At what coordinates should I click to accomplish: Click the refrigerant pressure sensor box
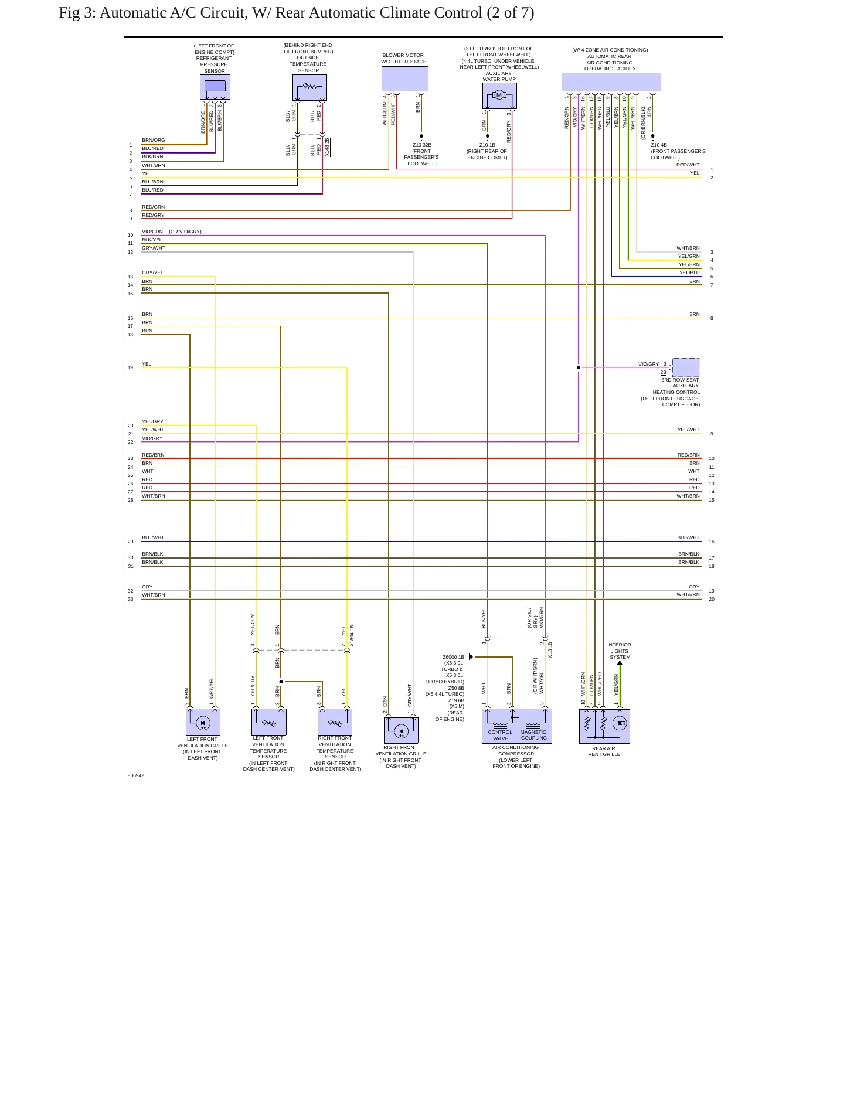215,87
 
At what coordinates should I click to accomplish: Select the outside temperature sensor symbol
309,87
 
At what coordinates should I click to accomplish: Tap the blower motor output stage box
404,79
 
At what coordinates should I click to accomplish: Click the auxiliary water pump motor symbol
499,96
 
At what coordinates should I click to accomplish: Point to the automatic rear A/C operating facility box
611,82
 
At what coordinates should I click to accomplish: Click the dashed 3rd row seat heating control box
685,367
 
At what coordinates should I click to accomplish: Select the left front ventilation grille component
203,722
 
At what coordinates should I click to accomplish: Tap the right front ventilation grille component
401,730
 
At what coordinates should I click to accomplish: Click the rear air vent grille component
604,726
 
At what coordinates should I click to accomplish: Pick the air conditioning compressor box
516,726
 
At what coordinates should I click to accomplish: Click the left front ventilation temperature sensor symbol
269,721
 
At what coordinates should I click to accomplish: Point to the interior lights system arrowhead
620,663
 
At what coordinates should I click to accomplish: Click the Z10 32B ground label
422,145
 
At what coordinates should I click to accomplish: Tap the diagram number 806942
136,775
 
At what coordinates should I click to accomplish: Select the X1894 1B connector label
352,636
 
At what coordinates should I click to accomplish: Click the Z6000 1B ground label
453,657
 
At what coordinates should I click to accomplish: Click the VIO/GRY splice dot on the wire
579,367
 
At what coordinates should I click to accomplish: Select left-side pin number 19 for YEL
130,367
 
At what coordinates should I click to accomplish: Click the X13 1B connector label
550,650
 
